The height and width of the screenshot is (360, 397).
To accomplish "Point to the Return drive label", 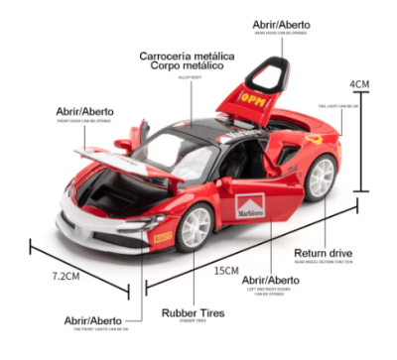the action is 324,253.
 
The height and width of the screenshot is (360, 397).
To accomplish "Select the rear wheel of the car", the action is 320,179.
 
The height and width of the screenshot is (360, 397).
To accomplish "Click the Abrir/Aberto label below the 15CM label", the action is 271,281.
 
